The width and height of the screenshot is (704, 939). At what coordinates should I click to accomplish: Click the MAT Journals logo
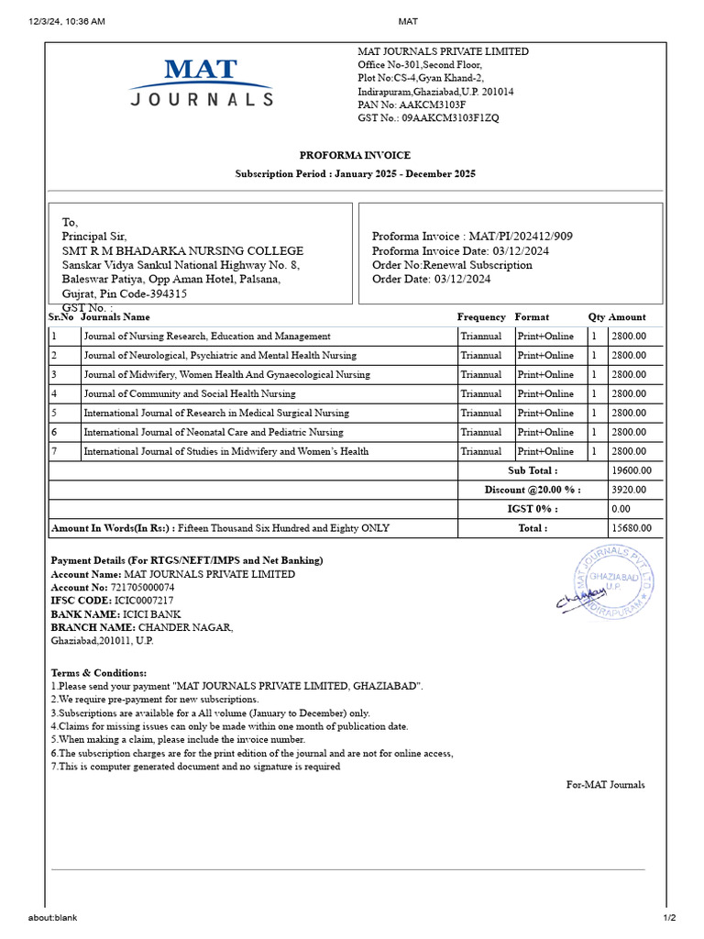click(201, 83)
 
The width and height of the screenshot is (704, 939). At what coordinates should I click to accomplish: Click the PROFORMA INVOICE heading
click(355, 155)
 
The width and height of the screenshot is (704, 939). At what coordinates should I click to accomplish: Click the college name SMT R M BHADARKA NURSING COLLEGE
click(182, 251)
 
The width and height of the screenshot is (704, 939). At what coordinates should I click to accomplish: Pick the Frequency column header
click(481, 317)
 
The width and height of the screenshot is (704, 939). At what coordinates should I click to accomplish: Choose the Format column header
click(532, 317)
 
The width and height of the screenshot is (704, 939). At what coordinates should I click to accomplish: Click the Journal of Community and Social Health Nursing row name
click(190, 393)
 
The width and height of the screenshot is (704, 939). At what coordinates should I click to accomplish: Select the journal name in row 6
click(214, 432)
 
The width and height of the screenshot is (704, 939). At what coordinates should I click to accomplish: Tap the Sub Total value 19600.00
click(632, 470)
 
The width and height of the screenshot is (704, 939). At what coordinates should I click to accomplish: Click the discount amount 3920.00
click(629, 490)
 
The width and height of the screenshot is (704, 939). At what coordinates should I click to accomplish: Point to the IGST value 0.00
click(621, 509)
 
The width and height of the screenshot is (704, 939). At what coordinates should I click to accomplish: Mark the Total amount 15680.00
click(632, 528)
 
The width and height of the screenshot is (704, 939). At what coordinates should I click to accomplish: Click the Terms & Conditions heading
click(98, 673)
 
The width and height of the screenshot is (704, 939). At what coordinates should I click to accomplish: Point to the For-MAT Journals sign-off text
click(605, 785)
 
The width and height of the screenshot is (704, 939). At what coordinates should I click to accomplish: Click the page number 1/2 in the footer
click(669, 918)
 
